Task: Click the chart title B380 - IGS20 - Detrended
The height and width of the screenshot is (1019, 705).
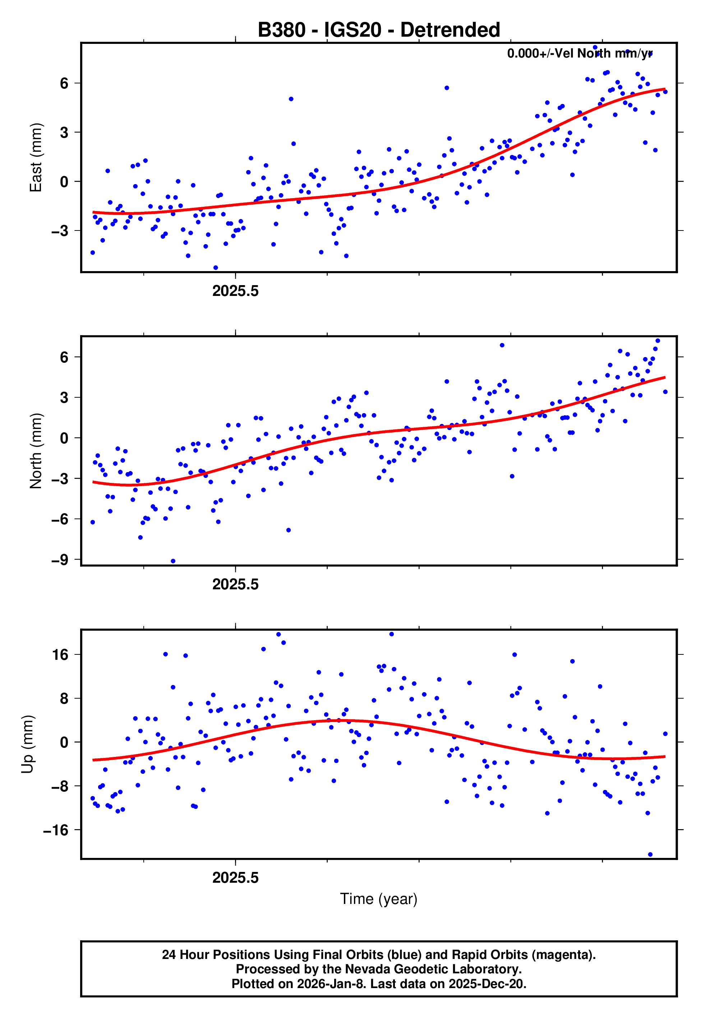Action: (379, 30)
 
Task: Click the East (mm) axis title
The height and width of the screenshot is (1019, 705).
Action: (36, 157)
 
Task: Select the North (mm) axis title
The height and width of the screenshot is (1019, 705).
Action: (36, 451)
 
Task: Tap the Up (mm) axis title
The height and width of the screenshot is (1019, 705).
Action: (27, 744)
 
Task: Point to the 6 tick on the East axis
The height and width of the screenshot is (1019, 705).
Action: (64, 83)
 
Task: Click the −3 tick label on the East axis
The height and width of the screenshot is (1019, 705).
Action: (60, 231)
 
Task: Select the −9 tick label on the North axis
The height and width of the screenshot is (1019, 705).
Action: (60, 560)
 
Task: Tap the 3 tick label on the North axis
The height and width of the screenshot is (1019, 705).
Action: (64, 397)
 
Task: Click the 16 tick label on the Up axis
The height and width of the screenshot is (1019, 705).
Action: (60, 654)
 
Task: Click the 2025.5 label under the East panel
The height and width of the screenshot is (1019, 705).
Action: (235, 291)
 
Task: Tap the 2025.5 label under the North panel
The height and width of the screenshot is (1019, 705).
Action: (235, 585)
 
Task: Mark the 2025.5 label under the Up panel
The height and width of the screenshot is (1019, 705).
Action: (235, 878)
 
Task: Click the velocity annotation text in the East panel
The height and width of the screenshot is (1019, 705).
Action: (580, 54)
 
